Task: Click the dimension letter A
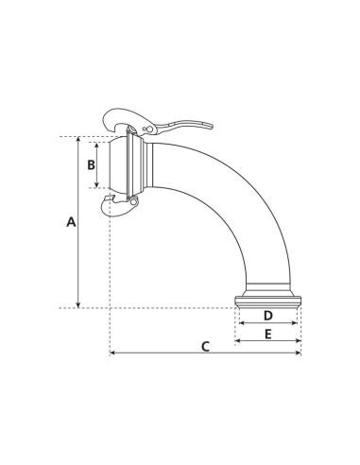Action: click(69, 222)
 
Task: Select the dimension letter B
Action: click(91, 164)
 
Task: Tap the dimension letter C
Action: click(205, 345)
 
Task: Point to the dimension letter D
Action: click(267, 316)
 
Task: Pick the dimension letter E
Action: click(267, 335)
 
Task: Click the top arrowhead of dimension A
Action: click(79, 140)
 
